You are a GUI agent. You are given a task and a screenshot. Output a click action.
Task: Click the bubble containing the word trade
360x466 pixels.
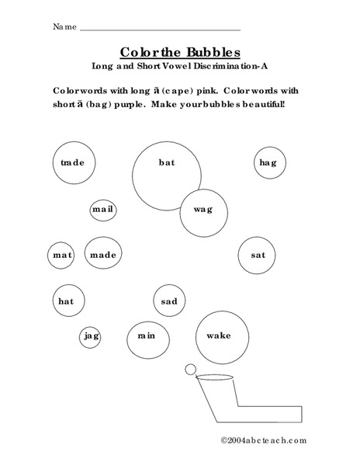pyautogui.click(x=72, y=163)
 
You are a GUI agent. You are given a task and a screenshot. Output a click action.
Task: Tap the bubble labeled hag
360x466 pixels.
pyautogui.click(x=268, y=162)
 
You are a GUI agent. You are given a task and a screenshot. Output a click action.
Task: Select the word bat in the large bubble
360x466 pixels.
pyautogui.click(x=166, y=162)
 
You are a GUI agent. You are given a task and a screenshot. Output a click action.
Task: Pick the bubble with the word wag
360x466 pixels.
pyautogui.click(x=202, y=210)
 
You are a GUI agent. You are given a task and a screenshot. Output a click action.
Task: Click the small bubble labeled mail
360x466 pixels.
pyautogui.click(x=102, y=210)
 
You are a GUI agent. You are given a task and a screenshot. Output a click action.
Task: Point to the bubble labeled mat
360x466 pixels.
pyautogui.click(x=62, y=255)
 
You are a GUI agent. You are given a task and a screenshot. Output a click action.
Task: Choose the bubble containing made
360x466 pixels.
pyautogui.click(x=102, y=255)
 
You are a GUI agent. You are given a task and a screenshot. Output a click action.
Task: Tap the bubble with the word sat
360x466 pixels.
pyautogui.click(x=258, y=255)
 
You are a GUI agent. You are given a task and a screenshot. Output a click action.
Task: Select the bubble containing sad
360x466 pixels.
pyautogui.click(x=169, y=301)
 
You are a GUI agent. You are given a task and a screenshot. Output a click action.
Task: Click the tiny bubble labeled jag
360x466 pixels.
pyautogui.click(x=91, y=336)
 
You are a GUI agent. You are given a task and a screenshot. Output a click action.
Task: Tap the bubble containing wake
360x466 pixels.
pyautogui.click(x=219, y=336)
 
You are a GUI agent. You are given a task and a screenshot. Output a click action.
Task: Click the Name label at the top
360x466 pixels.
pyautogui.click(x=64, y=27)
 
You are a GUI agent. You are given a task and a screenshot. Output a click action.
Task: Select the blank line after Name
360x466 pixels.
pyautogui.click(x=159, y=30)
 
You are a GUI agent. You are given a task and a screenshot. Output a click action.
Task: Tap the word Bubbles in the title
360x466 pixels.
pyautogui.click(x=206, y=51)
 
